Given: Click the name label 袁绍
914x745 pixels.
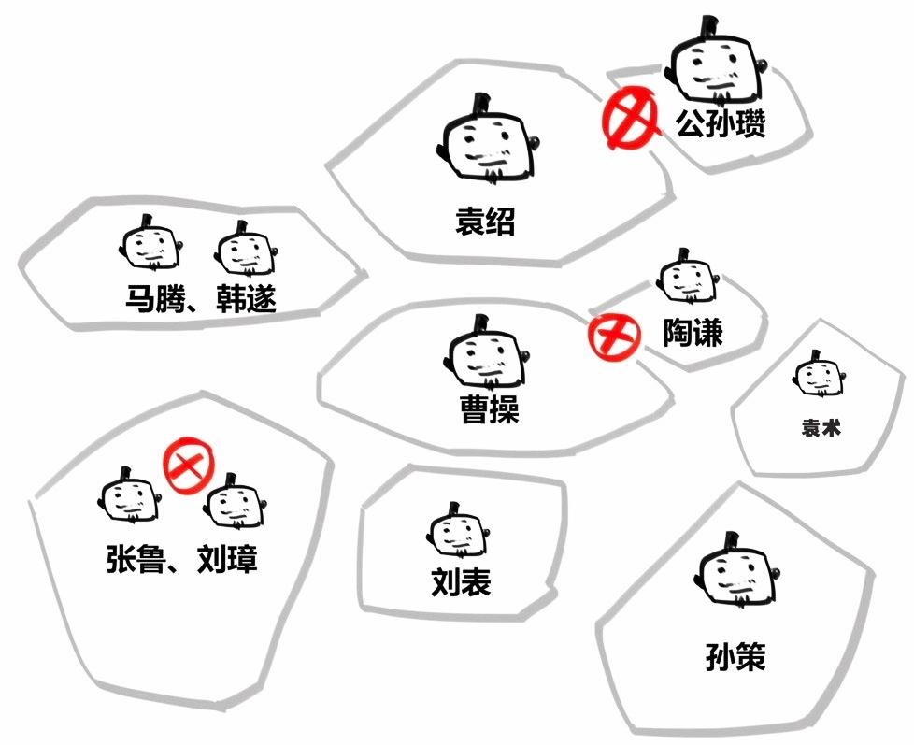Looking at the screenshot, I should [485, 222].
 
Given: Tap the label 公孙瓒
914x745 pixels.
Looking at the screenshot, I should [721, 123].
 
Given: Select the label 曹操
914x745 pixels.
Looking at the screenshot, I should [489, 410].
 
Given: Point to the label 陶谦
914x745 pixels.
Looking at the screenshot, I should [693, 332].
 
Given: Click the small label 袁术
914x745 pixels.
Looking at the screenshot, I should [821, 428].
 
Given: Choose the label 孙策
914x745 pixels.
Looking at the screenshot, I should [735, 656].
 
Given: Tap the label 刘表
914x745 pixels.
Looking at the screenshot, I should [461, 582].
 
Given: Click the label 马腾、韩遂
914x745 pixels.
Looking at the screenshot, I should [201, 300].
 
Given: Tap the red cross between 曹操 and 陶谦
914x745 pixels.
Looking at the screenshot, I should [612, 335].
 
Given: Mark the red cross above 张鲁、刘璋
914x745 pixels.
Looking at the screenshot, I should [189, 466].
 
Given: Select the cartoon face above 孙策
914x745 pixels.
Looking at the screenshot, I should [737, 574].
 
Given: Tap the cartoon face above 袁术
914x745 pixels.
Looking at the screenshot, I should [820, 379].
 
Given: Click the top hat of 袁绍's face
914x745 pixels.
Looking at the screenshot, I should [485, 102].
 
